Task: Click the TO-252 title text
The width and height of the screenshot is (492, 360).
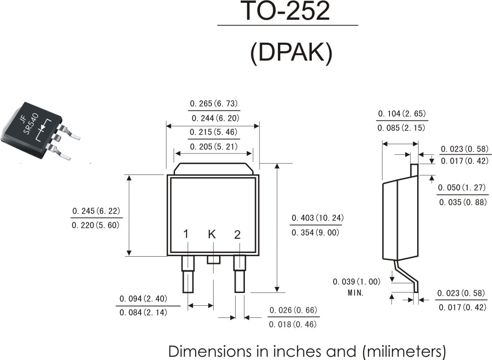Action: click(287, 11)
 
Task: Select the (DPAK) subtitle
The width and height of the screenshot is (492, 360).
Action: click(291, 53)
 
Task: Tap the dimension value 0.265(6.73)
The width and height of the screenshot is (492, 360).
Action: click(214, 103)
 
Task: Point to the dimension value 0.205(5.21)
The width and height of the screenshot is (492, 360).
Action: click(214, 146)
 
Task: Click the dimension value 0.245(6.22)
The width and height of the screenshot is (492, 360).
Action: click(96, 211)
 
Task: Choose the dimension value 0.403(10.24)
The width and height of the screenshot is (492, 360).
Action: click(317, 218)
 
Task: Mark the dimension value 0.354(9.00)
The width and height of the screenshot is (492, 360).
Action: click(315, 232)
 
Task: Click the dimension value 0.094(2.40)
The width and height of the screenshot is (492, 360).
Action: click(143, 298)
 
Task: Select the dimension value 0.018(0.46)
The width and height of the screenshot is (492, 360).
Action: click(293, 324)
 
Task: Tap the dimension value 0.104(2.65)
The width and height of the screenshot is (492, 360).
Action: click(402, 113)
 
